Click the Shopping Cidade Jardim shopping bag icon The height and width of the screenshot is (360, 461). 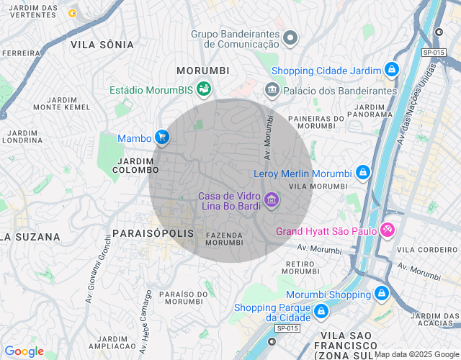click(x=391, y=70)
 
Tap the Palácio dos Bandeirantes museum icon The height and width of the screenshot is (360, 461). click(x=272, y=90)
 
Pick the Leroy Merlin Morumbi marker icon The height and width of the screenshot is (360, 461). click(x=363, y=173)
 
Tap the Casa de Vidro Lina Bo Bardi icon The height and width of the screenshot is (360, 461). click(x=271, y=199)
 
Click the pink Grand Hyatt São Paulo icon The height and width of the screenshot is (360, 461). click(x=388, y=230)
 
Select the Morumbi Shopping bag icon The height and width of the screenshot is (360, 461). click(x=381, y=294)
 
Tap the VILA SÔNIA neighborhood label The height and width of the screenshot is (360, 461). click(x=102, y=45)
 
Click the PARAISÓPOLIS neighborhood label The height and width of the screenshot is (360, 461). click(x=153, y=233)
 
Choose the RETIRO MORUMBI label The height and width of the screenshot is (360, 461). click(x=301, y=267)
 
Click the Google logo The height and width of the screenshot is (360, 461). click(x=24, y=351)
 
